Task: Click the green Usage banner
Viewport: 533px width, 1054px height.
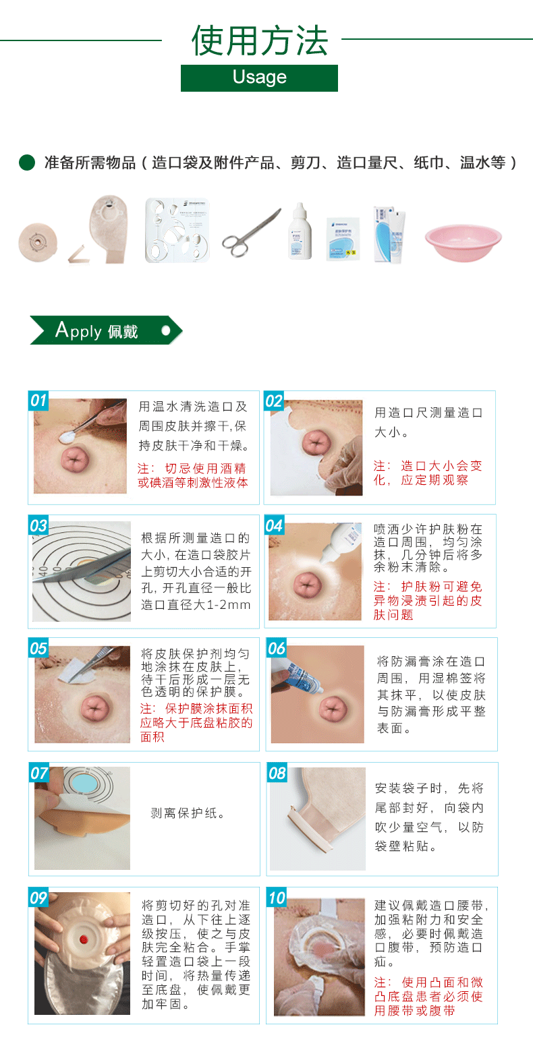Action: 260,78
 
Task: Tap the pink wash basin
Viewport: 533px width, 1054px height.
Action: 464,243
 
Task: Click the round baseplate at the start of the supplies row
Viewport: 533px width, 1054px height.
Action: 38,242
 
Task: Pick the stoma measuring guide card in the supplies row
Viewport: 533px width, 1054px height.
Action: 177,230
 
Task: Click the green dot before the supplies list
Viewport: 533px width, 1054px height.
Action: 27,163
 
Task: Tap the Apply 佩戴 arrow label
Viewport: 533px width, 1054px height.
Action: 106,330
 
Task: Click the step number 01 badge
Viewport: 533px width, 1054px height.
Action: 38,401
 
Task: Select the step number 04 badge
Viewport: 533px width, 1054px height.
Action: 274,525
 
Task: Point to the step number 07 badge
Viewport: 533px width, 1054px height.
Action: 39,773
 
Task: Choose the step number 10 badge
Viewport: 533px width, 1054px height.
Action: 277,898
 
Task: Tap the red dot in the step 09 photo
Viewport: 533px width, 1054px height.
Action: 84,939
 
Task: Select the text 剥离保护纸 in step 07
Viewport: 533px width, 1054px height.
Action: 184,813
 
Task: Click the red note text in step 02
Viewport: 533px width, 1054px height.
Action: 428,473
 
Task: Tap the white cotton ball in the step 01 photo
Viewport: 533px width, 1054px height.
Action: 68,437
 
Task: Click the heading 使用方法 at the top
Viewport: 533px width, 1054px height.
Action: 260,40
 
